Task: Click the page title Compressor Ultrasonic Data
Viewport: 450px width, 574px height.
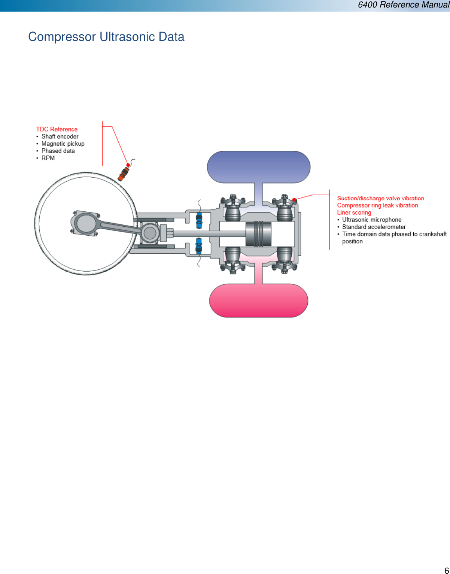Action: coord(106,37)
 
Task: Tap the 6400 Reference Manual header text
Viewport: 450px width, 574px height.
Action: coord(403,5)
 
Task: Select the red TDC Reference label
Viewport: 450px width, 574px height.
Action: coord(57,129)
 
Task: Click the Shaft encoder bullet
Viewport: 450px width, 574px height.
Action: coord(60,136)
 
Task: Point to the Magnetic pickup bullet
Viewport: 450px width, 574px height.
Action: coord(63,143)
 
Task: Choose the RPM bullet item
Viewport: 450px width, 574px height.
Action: coord(48,158)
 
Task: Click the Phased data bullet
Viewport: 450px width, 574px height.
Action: coord(58,151)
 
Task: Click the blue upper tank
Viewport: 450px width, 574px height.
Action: coord(258,167)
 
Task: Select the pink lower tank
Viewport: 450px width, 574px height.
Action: coord(258,300)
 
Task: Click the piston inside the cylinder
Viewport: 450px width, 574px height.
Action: coord(258,234)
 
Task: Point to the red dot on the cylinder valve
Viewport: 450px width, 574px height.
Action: coord(294,200)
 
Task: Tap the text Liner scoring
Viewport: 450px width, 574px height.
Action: coord(354,212)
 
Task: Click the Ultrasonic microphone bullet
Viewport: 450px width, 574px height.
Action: coord(371,220)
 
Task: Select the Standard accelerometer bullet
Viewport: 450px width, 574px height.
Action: coord(374,227)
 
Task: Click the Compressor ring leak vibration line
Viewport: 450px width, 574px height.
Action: coord(377,205)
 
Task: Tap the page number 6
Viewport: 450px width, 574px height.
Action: coord(446,570)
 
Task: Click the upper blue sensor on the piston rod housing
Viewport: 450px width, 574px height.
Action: coord(199,220)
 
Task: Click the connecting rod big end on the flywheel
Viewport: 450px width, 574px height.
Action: coord(85,223)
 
